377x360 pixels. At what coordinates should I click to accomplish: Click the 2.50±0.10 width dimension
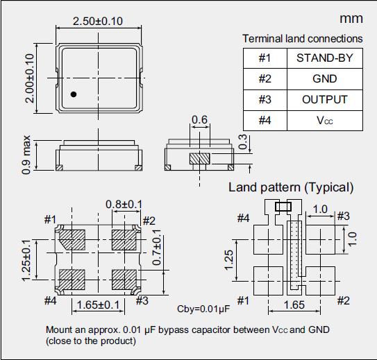[x=98, y=22]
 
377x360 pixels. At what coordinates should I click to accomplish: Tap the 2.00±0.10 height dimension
[x=29, y=78]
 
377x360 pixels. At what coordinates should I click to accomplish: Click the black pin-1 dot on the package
[x=73, y=94]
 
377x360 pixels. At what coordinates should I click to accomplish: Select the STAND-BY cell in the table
[x=324, y=58]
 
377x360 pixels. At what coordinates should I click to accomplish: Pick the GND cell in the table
[x=324, y=78]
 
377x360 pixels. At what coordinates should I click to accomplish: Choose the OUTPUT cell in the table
[x=324, y=99]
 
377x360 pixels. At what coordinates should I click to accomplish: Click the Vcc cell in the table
[x=324, y=120]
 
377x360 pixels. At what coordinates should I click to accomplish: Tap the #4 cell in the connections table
[x=265, y=120]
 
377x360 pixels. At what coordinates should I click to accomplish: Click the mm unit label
[x=351, y=19]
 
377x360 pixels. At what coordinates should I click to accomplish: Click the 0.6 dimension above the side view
[x=200, y=120]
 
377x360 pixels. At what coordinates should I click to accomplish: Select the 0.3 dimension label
[x=242, y=142]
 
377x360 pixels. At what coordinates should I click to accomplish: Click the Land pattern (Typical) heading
[x=292, y=187]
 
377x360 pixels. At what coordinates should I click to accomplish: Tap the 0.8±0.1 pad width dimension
[x=124, y=204]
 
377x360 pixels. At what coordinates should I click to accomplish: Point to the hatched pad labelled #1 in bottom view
[x=72, y=240]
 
